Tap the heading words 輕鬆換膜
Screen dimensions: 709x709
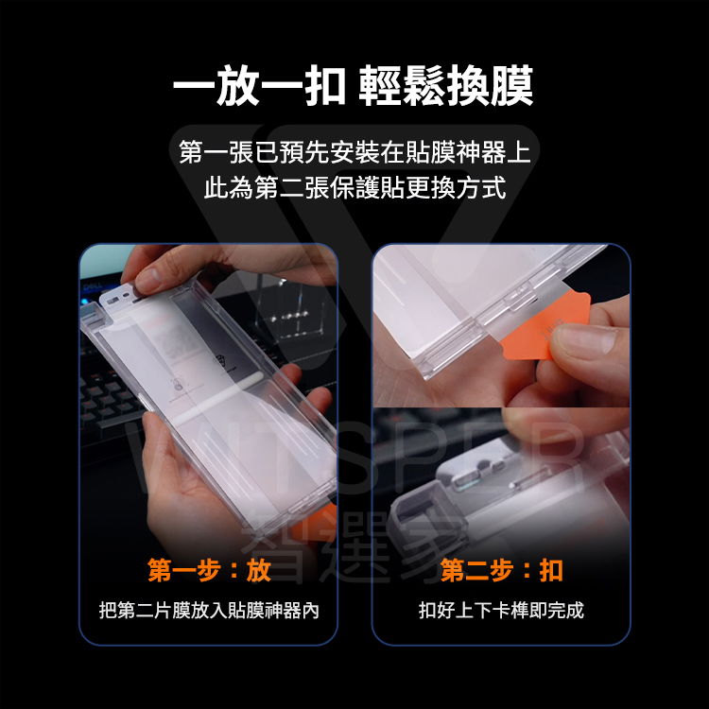coord(446,87)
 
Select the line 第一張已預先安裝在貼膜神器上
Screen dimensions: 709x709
coord(354,150)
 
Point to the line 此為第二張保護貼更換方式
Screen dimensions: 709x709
coord(354,186)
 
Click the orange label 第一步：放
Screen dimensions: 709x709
coord(209,571)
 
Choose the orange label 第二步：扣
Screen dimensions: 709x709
coord(501,571)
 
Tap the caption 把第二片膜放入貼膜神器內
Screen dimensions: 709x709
coord(209,611)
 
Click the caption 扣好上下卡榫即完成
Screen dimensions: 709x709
coord(501,611)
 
